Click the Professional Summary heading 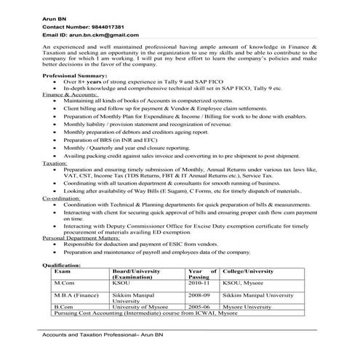75,96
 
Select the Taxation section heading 55,165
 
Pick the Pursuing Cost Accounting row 145,315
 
